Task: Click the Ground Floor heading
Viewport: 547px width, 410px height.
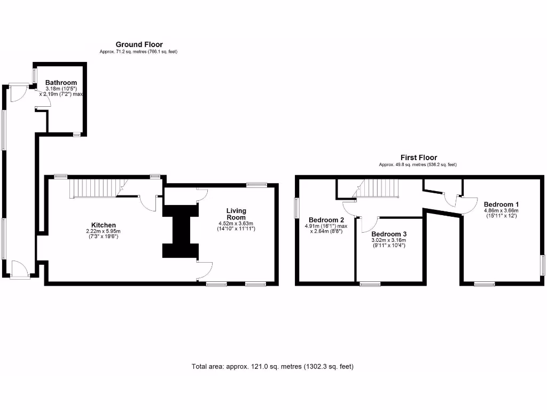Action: pyautogui.click(x=139, y=44)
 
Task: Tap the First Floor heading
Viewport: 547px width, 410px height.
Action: pyautogui.click(x=419, y=157)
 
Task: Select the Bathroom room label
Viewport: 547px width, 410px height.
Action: pyautogui.click(x=61, y=82)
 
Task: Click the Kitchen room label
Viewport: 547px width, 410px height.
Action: pyautogui.click(x=103, y=225)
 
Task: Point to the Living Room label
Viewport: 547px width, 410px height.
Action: pyautogui.click(x=236, y=214)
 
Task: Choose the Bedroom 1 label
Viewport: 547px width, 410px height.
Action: pyautogui.click(x=501, y=204)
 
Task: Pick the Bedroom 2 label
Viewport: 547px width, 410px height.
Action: pyautogui.click(x=326, y=220)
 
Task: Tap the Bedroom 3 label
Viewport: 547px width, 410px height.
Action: pyautogui.click(x=389, y=234)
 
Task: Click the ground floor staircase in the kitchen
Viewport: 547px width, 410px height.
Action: pyautogui.click(x=94, y=188)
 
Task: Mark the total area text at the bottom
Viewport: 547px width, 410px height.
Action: pyautogui.click(x=272, y=367)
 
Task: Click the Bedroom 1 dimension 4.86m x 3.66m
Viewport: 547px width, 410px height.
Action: pyautogui.click(x=501, y=210)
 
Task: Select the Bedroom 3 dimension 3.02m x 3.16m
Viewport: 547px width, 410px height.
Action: pyautogui.click(x=389, y=240)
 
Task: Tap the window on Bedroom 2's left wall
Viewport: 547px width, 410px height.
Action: pyautogui.click(x=296, y=208)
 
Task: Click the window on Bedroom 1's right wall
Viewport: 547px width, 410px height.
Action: pyautogui.click(x=542, y=265)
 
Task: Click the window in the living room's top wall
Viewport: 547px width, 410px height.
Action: pyautogui.click(x=256, y=185)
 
